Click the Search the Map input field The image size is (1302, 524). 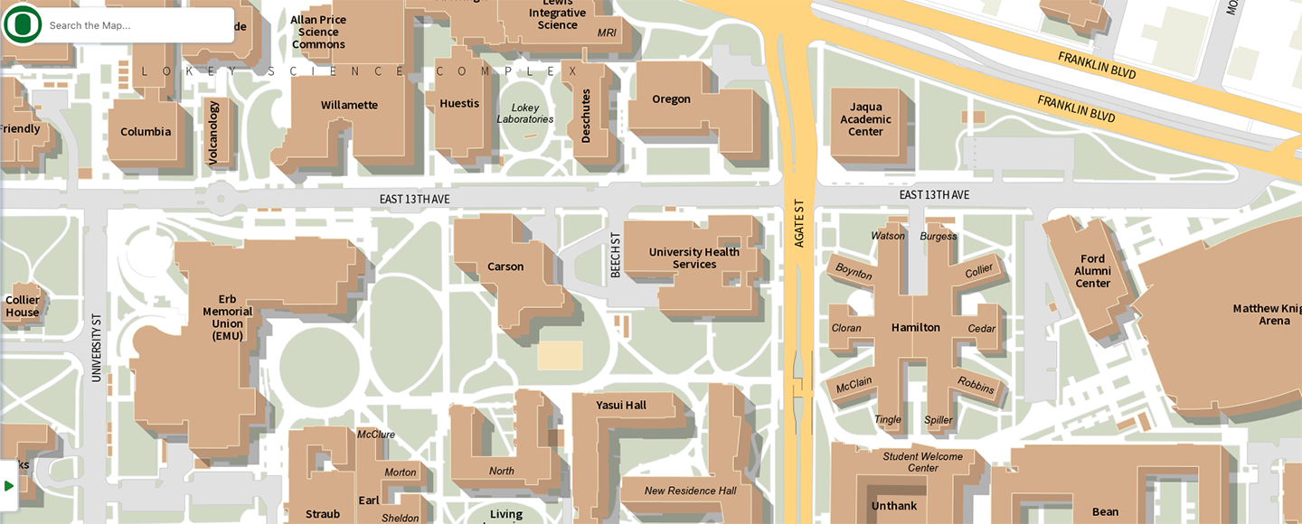coord(136,25)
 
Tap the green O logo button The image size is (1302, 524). coord(22,24)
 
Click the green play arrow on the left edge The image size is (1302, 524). coord(9,486)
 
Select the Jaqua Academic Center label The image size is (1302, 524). coord(865,119)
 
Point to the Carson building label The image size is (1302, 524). coord(505,267)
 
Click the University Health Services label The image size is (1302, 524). coord(694,258)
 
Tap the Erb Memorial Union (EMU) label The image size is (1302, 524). coord(228,317)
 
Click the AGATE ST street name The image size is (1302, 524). coord(799,223)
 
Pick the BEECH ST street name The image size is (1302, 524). coord(616,255)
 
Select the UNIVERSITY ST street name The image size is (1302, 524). coord(97,348)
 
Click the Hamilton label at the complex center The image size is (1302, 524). coord(916,328)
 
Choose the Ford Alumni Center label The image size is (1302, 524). coord(1092,271)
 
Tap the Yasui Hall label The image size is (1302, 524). coord(621,406)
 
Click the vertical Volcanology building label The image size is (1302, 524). coord(214,133)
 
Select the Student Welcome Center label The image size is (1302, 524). coord(923,462)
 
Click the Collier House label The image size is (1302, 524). coord(23,306)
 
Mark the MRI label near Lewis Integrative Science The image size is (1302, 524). coord(607,33)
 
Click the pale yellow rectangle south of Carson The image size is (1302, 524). coord(560,355)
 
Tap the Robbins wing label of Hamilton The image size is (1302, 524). coord(976,386)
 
